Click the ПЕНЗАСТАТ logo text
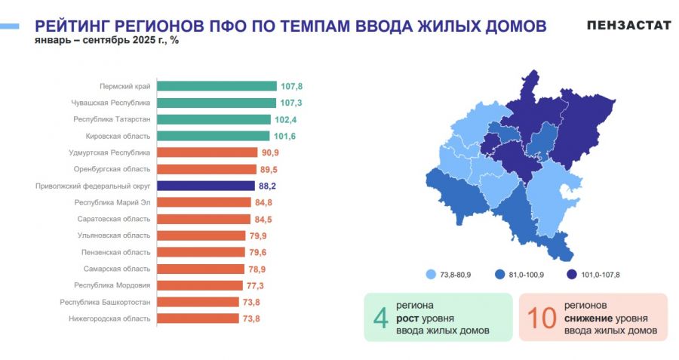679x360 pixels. click(628, 26)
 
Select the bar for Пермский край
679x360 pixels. click(217, 86)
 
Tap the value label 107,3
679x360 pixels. click(290, 103)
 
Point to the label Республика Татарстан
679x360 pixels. click(112, 119)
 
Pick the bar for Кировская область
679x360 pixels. click(213, 136)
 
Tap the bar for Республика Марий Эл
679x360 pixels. click(204, 202)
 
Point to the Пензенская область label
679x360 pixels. click(116, 252)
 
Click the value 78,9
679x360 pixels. click(258, 269)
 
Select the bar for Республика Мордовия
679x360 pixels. click(198, 285)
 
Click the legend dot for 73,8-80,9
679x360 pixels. click(431, 275)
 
